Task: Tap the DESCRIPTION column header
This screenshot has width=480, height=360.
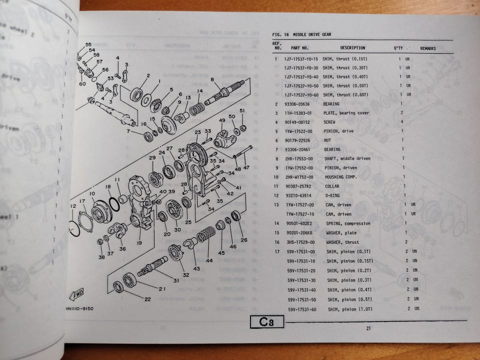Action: click(352, 48)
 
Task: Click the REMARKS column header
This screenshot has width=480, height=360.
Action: click(427, 48)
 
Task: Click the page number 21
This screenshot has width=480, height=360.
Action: click(368, 328)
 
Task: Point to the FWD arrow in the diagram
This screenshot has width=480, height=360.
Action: click(77, 293)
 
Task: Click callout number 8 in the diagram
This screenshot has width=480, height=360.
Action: click(212, 80)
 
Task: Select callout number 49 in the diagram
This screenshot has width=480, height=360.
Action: click(222, 120)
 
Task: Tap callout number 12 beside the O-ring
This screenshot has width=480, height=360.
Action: click(73, 206)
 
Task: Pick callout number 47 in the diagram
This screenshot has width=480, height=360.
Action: click(246, 167)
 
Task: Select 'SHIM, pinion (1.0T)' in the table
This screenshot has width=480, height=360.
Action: click(350, 309)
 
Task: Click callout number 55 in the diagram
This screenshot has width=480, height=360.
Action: click(88, 44)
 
